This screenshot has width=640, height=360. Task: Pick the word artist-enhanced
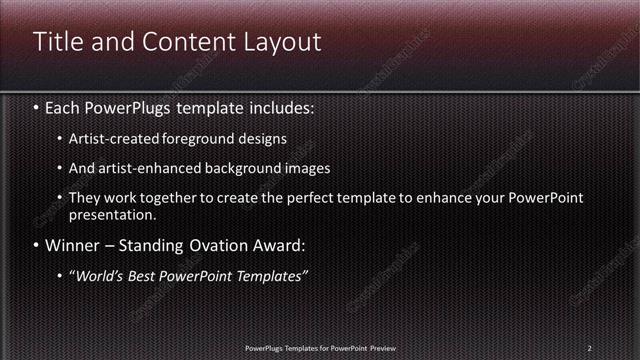[143, 168]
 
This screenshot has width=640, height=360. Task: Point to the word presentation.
[112, 214]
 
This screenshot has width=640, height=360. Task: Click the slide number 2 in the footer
[590, 347]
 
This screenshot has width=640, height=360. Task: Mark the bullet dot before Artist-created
[60, 139]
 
